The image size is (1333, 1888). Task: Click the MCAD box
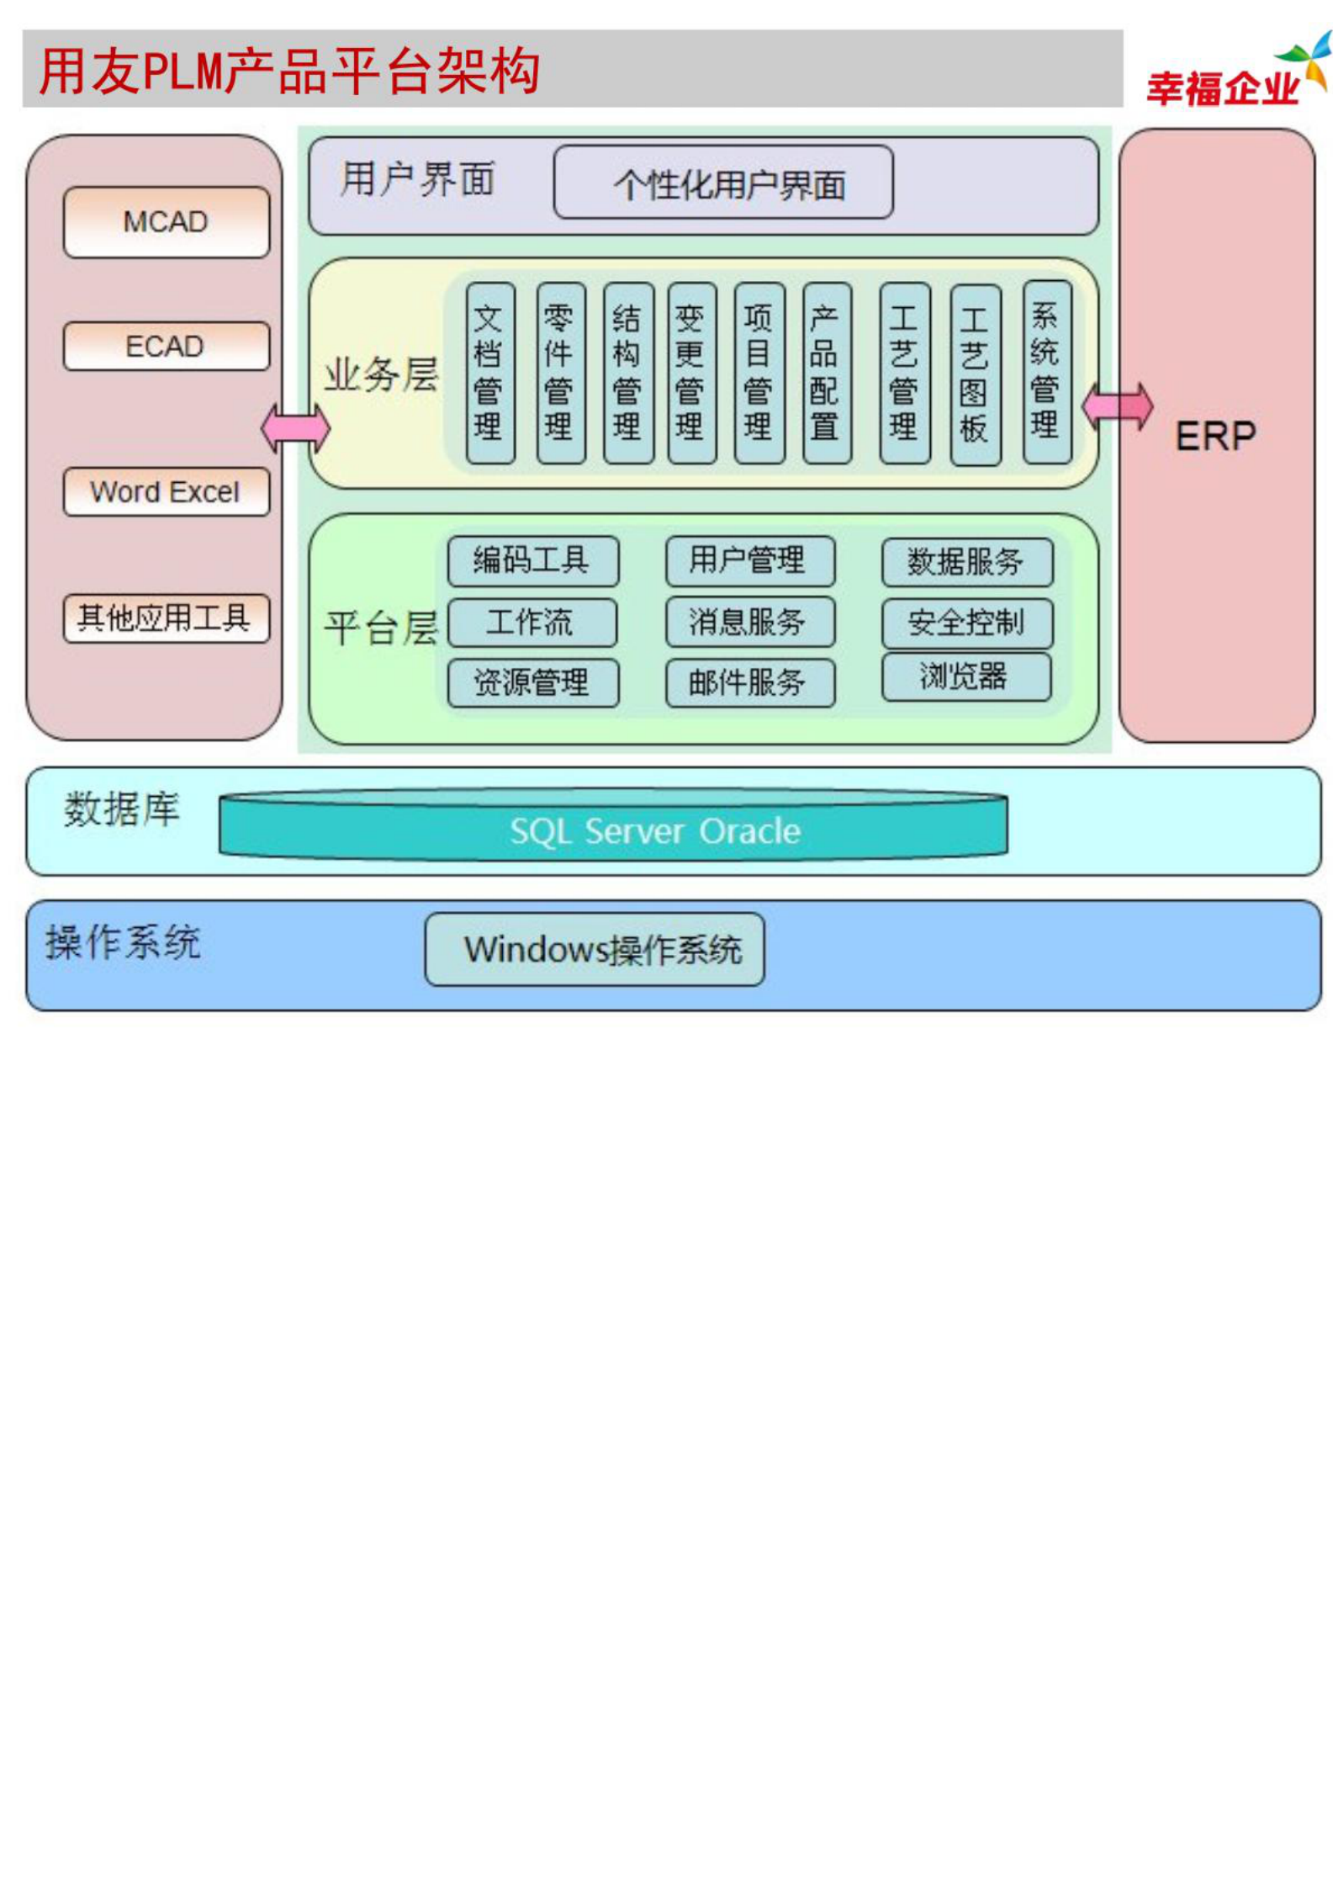(167, 222)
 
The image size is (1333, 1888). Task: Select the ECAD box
(167, 346)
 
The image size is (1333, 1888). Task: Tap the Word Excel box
(167, 491)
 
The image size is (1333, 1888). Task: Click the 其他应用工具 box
(167, 618)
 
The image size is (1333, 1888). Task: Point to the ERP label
(1215, 437)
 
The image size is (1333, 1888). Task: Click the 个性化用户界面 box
(723, 183)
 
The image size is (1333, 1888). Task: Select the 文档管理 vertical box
(490, 373)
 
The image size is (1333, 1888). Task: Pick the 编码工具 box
(533, 561)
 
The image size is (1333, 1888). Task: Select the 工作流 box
(532, 623)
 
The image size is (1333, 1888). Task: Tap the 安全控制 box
(966, 623)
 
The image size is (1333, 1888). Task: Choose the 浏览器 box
(965, 676)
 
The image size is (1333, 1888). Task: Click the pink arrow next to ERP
(1117, 406)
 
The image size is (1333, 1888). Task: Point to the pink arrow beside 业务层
(295, 427)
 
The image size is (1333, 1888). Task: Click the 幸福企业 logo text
(1222, 88)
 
